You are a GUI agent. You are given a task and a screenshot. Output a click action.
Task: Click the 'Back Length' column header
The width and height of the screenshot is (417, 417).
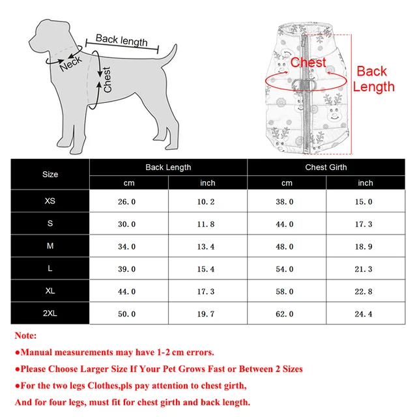(x=168, y=167)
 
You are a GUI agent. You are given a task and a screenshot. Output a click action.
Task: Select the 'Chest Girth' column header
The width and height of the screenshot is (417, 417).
(x=326, y=167)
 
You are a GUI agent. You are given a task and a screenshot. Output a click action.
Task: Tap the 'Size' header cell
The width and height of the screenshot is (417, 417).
(x=50, y=175)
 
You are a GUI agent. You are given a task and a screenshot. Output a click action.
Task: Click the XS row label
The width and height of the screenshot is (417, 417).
(x=50, y=201)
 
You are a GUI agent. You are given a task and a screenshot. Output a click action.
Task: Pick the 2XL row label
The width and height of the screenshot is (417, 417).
(x=50, y=313)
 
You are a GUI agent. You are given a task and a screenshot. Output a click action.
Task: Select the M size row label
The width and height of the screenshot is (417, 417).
(x=50, y=246)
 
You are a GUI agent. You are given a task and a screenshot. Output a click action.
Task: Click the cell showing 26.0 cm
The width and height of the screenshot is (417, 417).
(x=127, y=202)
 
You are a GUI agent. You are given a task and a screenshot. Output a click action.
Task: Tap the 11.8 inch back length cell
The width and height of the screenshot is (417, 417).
(x=207, y=224)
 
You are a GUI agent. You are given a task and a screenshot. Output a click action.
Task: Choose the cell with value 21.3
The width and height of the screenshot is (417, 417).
(x=365, y=269)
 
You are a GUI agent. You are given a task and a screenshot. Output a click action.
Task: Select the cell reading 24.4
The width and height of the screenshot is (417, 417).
(x=365, y=314)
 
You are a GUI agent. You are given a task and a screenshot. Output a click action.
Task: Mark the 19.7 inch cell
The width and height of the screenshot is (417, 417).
(x=207, y=314)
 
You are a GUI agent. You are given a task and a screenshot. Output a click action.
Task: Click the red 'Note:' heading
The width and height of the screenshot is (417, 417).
(x=25, y=336)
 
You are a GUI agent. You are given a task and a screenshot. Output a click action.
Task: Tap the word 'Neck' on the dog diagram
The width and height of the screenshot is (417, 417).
(x=70, y=63)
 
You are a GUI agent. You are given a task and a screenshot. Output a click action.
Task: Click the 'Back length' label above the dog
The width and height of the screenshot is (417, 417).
(x=121, y=40)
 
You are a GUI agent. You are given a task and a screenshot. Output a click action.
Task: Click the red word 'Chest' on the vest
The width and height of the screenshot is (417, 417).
(x=308, y=63)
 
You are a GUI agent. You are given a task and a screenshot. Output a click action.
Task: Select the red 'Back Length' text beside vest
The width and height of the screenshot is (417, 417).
(x=375, y=79)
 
